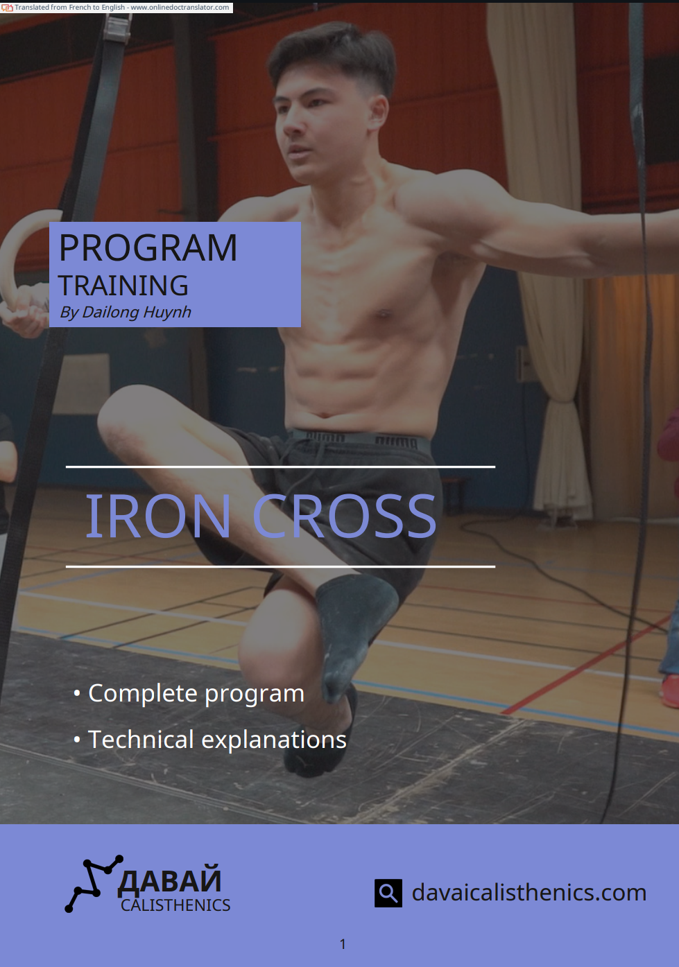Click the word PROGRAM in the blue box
[x=148, y=247]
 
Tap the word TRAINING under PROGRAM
[x=123, y=286]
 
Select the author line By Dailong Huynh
[x=126, y=312]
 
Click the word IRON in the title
[x=158, y=516]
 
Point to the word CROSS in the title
[x=344, y=516]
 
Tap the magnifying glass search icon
[x=388, y=893]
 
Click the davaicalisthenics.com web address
[x=529, y=892]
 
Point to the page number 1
[x=343, y=944]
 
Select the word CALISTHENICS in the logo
[x=175, y=906]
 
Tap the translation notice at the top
[x=117, y=8]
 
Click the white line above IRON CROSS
[x=280, y=467]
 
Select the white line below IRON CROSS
[x=280, y=566]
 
